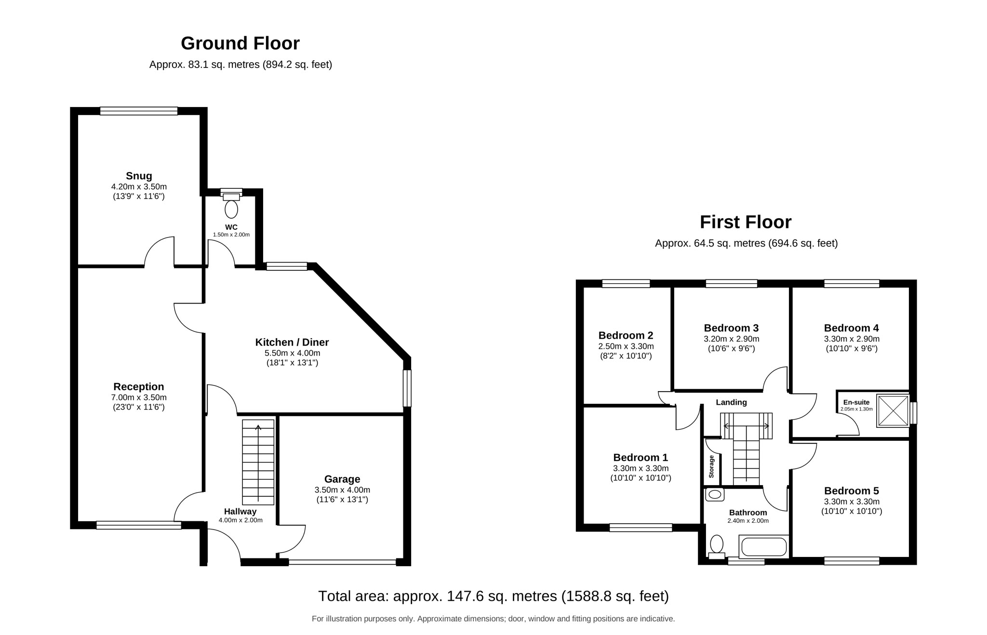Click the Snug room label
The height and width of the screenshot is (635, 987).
(139, 176)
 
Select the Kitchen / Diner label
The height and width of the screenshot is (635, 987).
(292, 343)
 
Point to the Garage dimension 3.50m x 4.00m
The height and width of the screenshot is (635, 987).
(342, 490)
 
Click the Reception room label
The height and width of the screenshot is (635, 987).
(139, 387)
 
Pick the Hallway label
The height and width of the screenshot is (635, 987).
(240, 512)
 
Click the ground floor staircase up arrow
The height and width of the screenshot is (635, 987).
(258, 463)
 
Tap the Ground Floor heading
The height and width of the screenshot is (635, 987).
(240, 43)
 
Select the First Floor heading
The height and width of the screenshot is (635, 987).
(746, 222)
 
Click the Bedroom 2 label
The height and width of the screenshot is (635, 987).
(626, 335)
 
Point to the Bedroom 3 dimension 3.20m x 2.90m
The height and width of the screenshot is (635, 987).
(731, 339)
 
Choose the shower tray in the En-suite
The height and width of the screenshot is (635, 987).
(893, 410)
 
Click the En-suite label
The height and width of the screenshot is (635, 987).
(856, 402)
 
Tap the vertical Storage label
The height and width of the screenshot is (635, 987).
(711, 466)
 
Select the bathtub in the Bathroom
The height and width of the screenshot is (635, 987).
(764, 547)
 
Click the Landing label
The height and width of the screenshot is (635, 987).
(731, 402)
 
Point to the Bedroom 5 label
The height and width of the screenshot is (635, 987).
(851, 491)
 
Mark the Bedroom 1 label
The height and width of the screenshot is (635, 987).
(640, 458)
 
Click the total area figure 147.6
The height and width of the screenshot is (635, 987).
(463, 596)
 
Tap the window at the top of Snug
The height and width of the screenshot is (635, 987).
(139, 111)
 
